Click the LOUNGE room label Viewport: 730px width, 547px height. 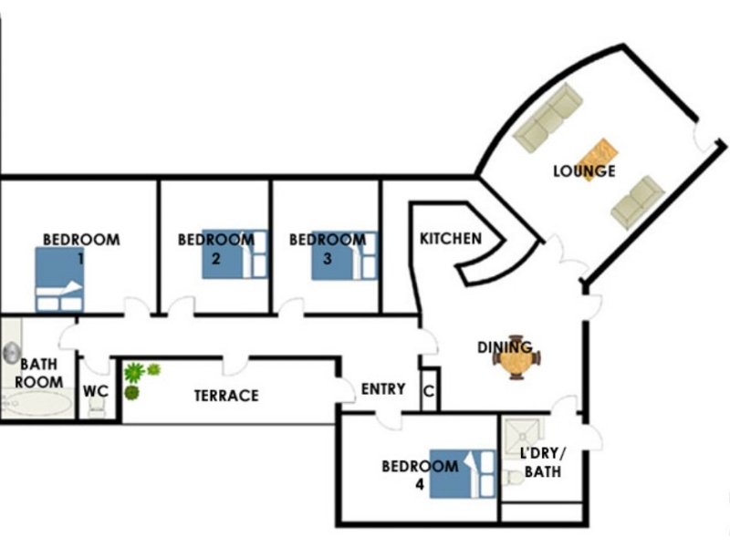pyautogui.click(x=584, y=170)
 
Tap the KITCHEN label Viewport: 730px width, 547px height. pyautogui.click(x=450, y=239)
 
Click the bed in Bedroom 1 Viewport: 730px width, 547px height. pyautogui.click(x=58, y=280)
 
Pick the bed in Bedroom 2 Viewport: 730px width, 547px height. pyautogui.click(x=234, y=253)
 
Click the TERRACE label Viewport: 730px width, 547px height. pyautogui.click(x=226, y=396)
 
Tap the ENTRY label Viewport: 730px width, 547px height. pyautogui.click(x=383, y=389)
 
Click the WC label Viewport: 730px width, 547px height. pyautogui.click(x=96, y=391)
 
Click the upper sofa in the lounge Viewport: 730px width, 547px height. pyautogui.click(x=547, y=117)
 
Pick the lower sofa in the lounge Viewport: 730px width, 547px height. pyautogui.click(x=637, y=202)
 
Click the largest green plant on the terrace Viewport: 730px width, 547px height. pyautogui.click(x=135, y=372)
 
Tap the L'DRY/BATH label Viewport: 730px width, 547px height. pyautogui.click(x=542, y=463)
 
